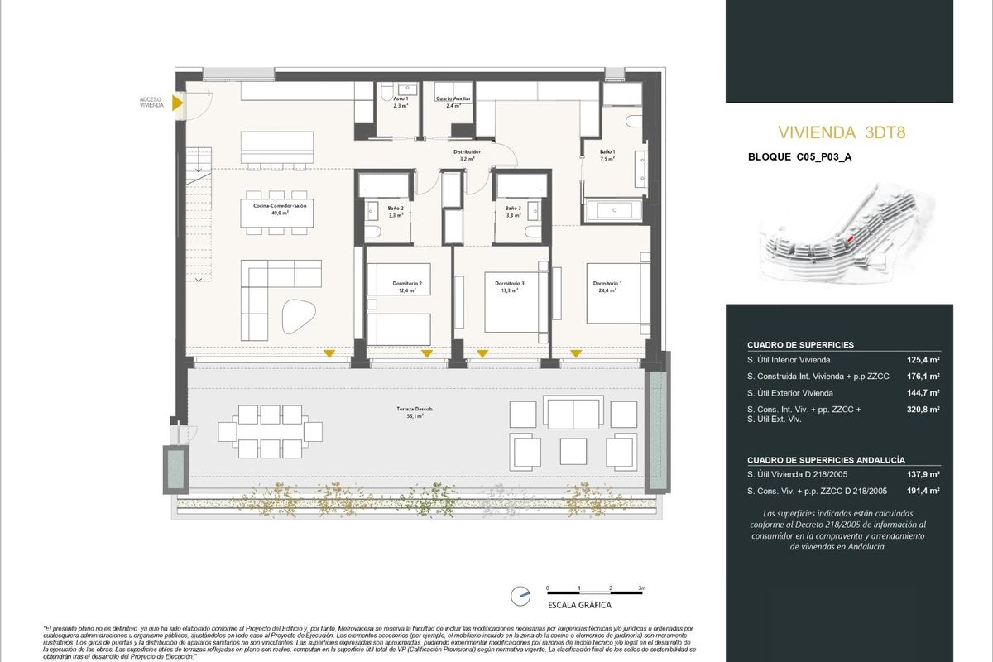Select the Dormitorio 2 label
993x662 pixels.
click(x=407, y=287)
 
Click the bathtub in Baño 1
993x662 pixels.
click(x=614, y=211)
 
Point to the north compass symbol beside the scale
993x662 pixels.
click(x=520, y=594)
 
